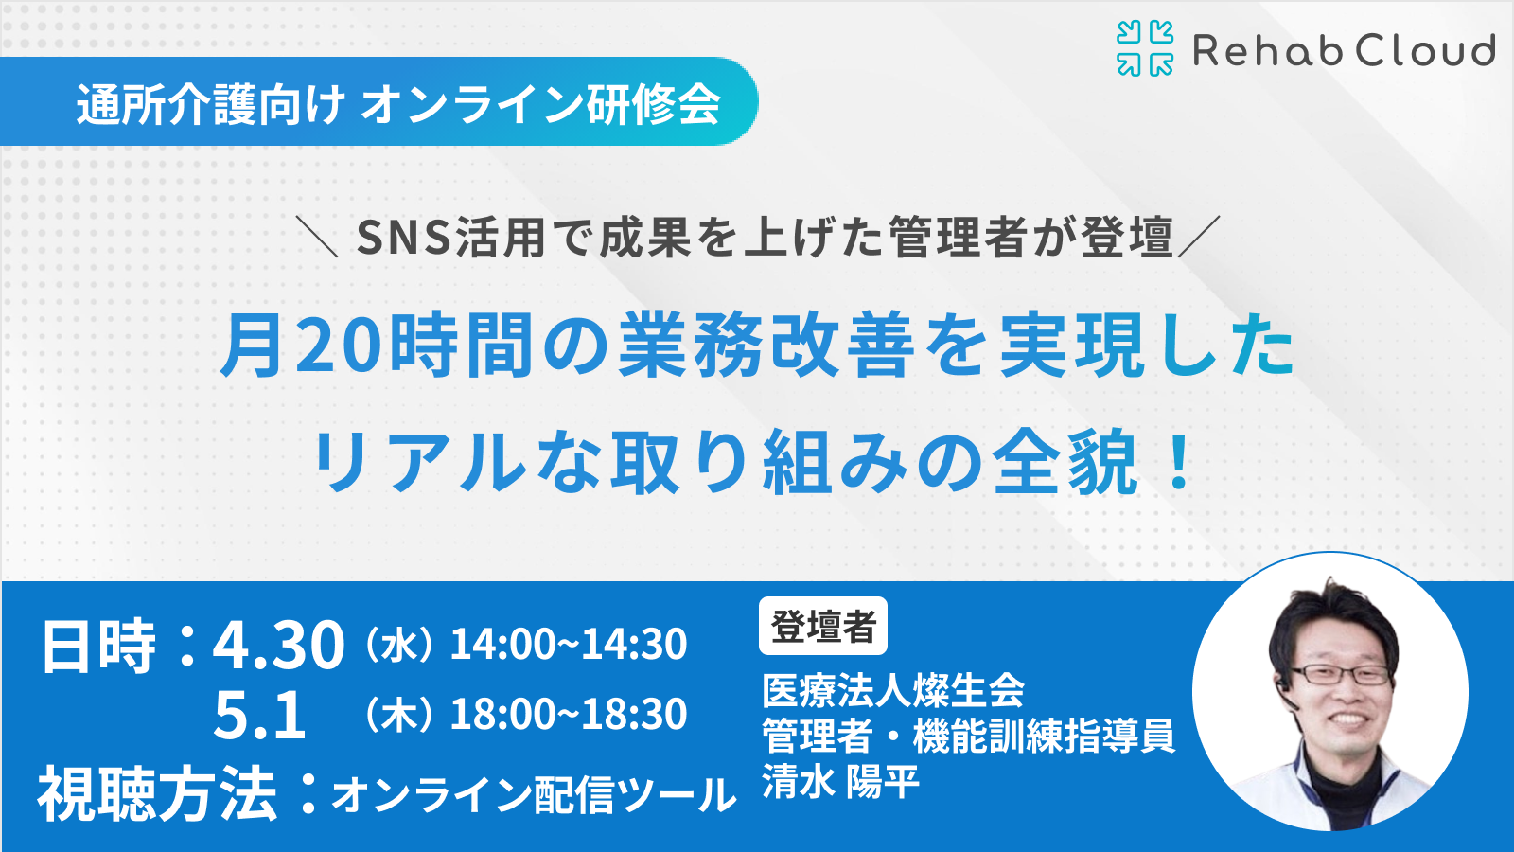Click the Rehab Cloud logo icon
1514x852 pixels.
click(x=1145, y=48)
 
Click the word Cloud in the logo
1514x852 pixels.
click(x=1425, y=51)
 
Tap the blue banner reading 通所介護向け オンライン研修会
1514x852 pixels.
click(x=378, y=101)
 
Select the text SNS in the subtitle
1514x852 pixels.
click(x=403, y=238)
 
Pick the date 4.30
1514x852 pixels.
click(x=278, y=646)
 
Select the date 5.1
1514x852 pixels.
click(x=260, y=716)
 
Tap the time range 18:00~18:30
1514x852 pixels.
click(x=569, y=714)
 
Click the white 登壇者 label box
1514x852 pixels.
click(x=823, y=626)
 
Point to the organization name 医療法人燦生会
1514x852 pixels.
click(x=893, y=690)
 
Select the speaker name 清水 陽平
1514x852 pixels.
click(x=841, y=781)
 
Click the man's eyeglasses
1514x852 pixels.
click(x=1342, y=673)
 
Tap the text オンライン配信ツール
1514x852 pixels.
click(x=534, y=794)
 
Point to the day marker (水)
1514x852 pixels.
click(x=398, y=644)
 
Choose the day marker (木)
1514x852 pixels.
click(x=398, y=714)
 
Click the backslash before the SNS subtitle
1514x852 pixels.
click(x=317, y=236)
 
